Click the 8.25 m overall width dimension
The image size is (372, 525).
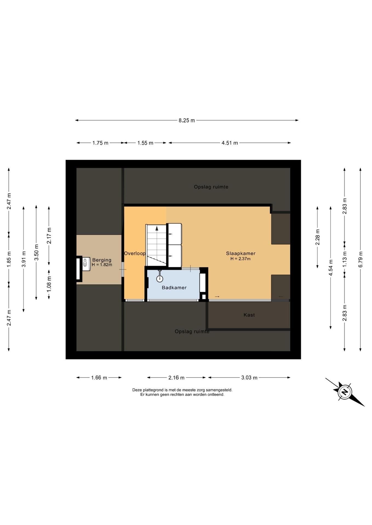pyautogui.click(x=187, y=120)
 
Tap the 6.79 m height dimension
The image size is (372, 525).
pyautogui.click(x=360, y=259)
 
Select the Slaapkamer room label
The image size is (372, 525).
pyautogui.click(x=241, y=253)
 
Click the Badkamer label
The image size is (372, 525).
pyautogui.click(x=174, y=288)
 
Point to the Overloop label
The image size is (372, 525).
pyautogui.click(x=135, y=253)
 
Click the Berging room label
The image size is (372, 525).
pyautogui.click(x=102, y=260)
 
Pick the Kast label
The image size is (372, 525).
pyautogui.click(x=249, y=315)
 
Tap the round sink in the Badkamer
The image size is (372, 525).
pyautogui.click(x=159, y=279)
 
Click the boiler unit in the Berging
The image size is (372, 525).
pyautogui.click(x=86, y=264)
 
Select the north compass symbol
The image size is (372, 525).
pyautogui.click(x=345, y=392)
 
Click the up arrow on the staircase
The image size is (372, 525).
pyautogui.click(x=157, y=229)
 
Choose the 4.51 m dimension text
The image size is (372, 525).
pyautogui.click(x=230, y=143)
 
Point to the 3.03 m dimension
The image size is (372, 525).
pyautogui.click(x=249, y=378)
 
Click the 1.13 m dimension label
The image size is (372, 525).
pyautogui.click(x=345, y=259)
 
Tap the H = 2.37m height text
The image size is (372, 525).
pyautogui.click(x=241, y=259)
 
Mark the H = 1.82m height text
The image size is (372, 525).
pyautogui.click(x=102, y=265)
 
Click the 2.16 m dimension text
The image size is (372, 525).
pyautogui.click(x=176, y=378)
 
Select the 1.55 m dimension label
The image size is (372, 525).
pyautogui.click(x=145, y=143)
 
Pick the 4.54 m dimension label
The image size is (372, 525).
pyautogui.click(x=331, y=268)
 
